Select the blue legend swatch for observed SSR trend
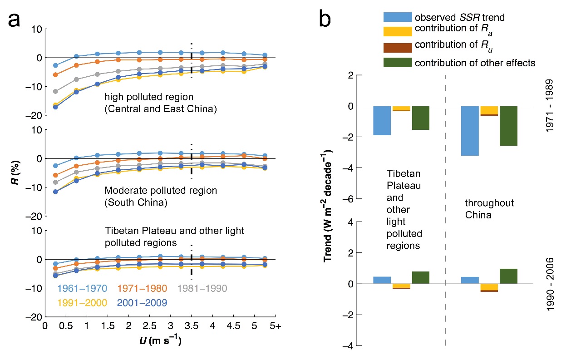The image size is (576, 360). coord(398,17)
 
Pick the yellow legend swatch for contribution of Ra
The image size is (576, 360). coord(398,32)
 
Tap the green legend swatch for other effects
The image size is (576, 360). coord(398,62)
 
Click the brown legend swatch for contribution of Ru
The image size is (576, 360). coord(398,47)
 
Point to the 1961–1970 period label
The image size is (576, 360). coord(82,289)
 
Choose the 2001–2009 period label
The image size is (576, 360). coord(143,302)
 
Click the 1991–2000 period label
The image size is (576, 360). coord(82,302)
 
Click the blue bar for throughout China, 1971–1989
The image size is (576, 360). coord(470,131)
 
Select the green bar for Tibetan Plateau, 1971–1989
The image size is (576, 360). coord(421,118)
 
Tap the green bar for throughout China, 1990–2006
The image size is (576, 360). coord(508,276)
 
